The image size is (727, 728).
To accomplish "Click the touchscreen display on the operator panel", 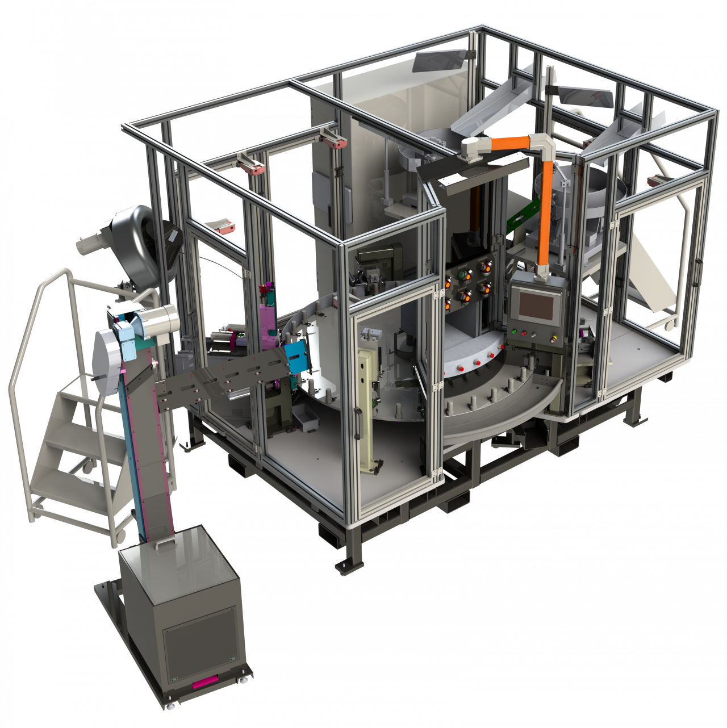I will pos(537,307).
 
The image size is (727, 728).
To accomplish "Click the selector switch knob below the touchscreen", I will pos(534,335).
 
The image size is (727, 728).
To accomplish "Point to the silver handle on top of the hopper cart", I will pos(165,544).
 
